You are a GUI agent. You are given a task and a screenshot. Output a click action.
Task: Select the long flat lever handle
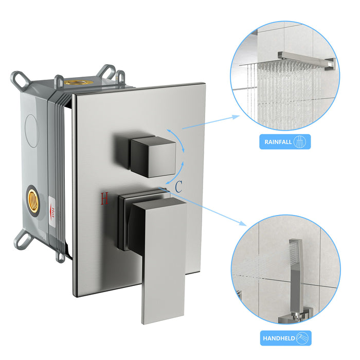pyautogui.click(x=162, y=257)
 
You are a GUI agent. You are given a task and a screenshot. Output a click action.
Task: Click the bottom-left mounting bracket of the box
pyautogui.click(x=23, y=239)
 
